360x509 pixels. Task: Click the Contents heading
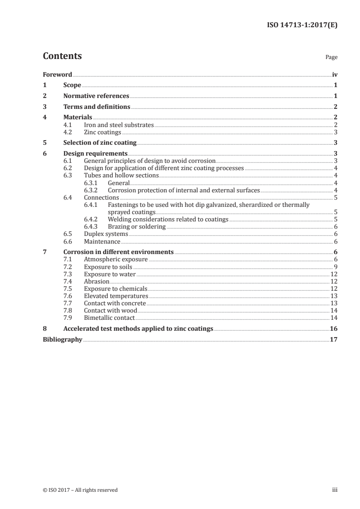(62, 56)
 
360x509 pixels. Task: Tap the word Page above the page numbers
(331, 58)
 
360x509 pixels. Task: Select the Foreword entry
(57, 74)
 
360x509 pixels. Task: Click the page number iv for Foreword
(335, 74)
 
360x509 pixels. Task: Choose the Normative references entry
(96, 96)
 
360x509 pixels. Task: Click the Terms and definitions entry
(97, 107)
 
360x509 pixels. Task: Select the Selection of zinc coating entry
(100, 143)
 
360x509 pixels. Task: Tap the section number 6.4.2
(92, 219)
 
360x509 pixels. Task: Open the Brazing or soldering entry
(137, 226)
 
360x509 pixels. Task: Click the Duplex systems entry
(106, 234)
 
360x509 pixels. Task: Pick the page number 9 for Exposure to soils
(335, 266)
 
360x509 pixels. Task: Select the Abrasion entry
(97, 281)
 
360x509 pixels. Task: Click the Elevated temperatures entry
(116, 296)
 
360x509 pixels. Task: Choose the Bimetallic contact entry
(110, 318)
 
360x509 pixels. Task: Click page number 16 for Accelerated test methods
(333, 328)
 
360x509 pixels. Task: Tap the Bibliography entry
(62, 339)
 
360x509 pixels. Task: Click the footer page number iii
(335, 490)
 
